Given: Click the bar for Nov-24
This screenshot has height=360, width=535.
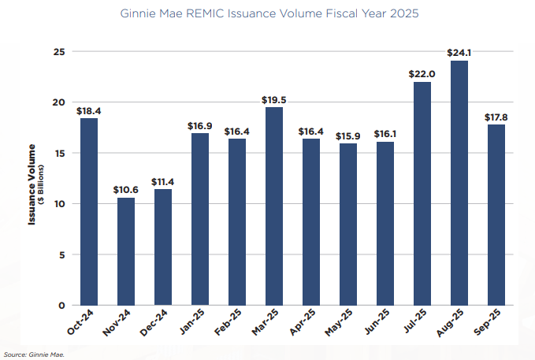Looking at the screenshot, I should tap(126, 251).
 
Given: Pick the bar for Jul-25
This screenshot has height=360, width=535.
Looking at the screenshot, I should tap(422, 194).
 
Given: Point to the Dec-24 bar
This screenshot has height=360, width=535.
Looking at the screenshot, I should tap(163, 247).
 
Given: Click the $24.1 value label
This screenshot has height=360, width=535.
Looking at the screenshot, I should tap(459, 53).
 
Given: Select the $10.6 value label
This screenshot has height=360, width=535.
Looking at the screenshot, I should tap(126, 190).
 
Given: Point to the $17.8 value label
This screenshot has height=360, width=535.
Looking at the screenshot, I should tap(496, 117).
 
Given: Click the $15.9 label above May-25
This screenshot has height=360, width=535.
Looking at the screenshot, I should tap(347, 135).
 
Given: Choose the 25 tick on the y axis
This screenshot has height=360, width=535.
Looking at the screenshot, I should tap(58, 51).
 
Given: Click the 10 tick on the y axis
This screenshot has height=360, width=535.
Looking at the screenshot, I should tap(58, 204).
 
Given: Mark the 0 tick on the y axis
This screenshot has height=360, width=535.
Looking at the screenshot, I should tap(61, 306).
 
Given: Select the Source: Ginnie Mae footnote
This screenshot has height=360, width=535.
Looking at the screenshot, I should tap(34, 354).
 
